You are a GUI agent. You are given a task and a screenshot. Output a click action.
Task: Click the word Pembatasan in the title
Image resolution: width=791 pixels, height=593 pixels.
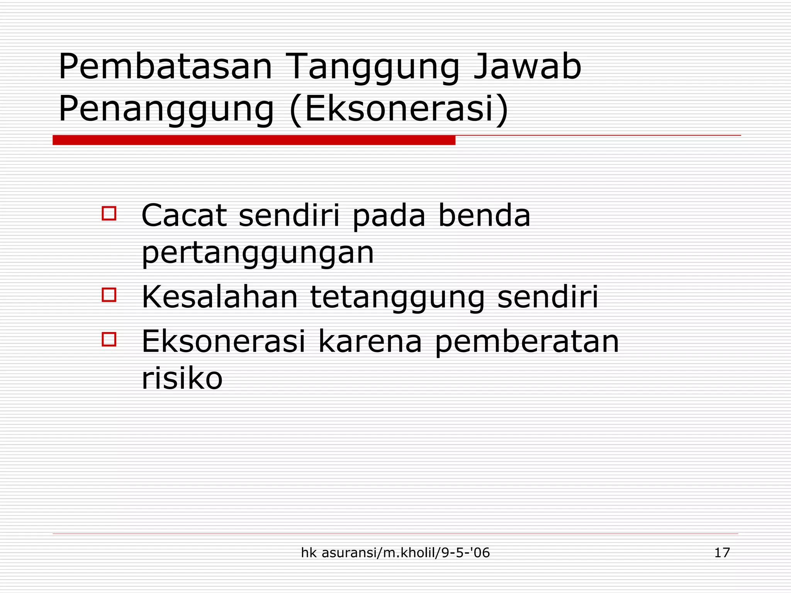point(165,67)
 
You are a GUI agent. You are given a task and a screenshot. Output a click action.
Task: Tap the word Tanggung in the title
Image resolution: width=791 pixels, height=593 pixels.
point(373,68)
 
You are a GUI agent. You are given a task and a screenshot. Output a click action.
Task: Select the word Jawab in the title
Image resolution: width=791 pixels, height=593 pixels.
point(528,67)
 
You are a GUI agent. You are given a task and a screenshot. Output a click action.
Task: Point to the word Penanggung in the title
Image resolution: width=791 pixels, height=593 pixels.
point(166,109)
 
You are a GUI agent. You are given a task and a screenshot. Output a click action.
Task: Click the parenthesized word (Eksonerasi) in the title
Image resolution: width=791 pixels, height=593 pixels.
point(399,109)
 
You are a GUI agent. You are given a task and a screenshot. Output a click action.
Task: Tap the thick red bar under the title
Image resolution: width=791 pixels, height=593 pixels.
point(254,140)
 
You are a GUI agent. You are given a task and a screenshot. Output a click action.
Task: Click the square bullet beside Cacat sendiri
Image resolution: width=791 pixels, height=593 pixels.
point(109,213)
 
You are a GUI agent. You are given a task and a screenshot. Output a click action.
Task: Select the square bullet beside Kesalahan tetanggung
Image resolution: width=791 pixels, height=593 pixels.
point(109,295)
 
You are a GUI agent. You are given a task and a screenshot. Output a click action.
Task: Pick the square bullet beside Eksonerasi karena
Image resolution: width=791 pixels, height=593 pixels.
point(109,339)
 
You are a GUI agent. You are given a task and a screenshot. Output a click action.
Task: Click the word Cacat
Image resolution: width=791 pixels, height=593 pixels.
point(184,215)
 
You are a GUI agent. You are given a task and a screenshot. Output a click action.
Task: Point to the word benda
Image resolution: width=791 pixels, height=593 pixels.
point(484,215)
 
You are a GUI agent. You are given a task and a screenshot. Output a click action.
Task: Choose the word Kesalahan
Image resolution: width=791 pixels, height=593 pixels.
point(220,297)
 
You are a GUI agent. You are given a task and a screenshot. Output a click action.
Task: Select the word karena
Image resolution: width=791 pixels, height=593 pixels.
point(370,342)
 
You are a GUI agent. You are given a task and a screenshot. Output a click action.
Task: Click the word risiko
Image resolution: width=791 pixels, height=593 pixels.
point(182,378)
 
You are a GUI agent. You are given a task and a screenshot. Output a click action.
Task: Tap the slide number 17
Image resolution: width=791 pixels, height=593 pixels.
point(722,553)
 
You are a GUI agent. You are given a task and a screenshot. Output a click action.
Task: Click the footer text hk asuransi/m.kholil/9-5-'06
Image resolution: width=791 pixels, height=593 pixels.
point(395,553)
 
